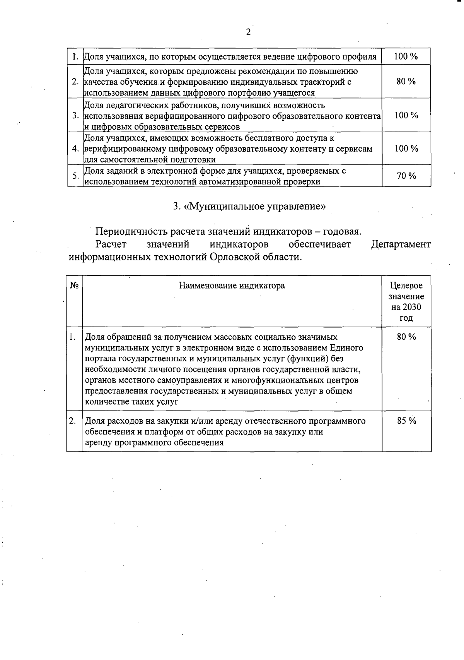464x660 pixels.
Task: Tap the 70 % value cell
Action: point(406,176)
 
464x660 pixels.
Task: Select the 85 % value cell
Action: point(406,421)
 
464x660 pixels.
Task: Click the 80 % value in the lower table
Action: point(406,337)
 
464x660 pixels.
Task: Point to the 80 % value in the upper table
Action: point(406,82)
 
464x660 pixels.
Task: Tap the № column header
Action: point(75,286)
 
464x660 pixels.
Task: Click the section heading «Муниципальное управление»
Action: point(249,207)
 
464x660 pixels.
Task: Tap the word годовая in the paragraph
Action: point(342,232)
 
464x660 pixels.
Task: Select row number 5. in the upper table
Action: point(75,176)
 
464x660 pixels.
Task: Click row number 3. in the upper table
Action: point(75,116)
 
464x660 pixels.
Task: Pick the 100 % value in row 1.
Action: point(406,56)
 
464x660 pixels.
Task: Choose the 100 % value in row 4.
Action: point(406,149)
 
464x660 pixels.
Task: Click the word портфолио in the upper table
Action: point(250,93)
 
